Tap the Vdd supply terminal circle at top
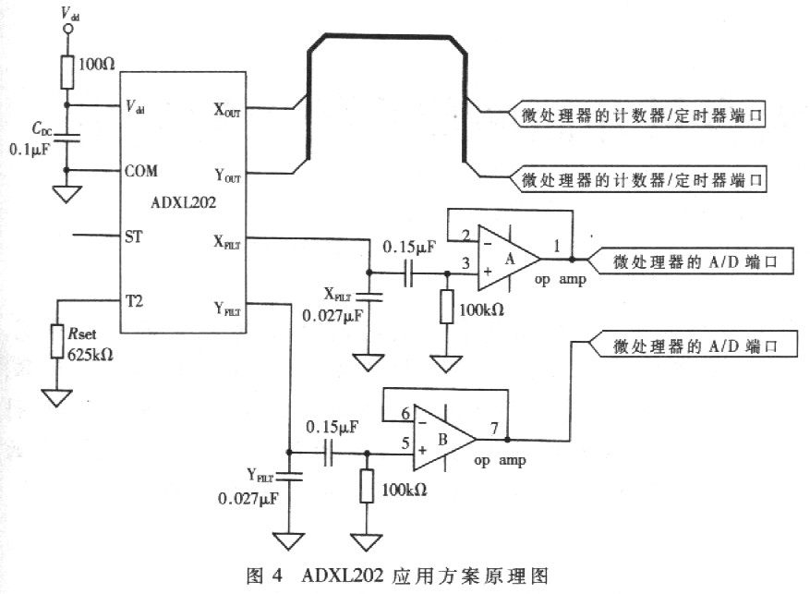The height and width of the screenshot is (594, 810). click(x=66, y=30)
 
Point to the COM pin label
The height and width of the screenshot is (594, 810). click(x=140, y=171)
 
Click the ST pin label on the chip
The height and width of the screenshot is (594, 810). click(x=132, y=236)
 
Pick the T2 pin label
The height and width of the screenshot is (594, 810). click(x=134, y=300)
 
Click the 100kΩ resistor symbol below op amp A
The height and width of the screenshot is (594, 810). click(x=447, y=306)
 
